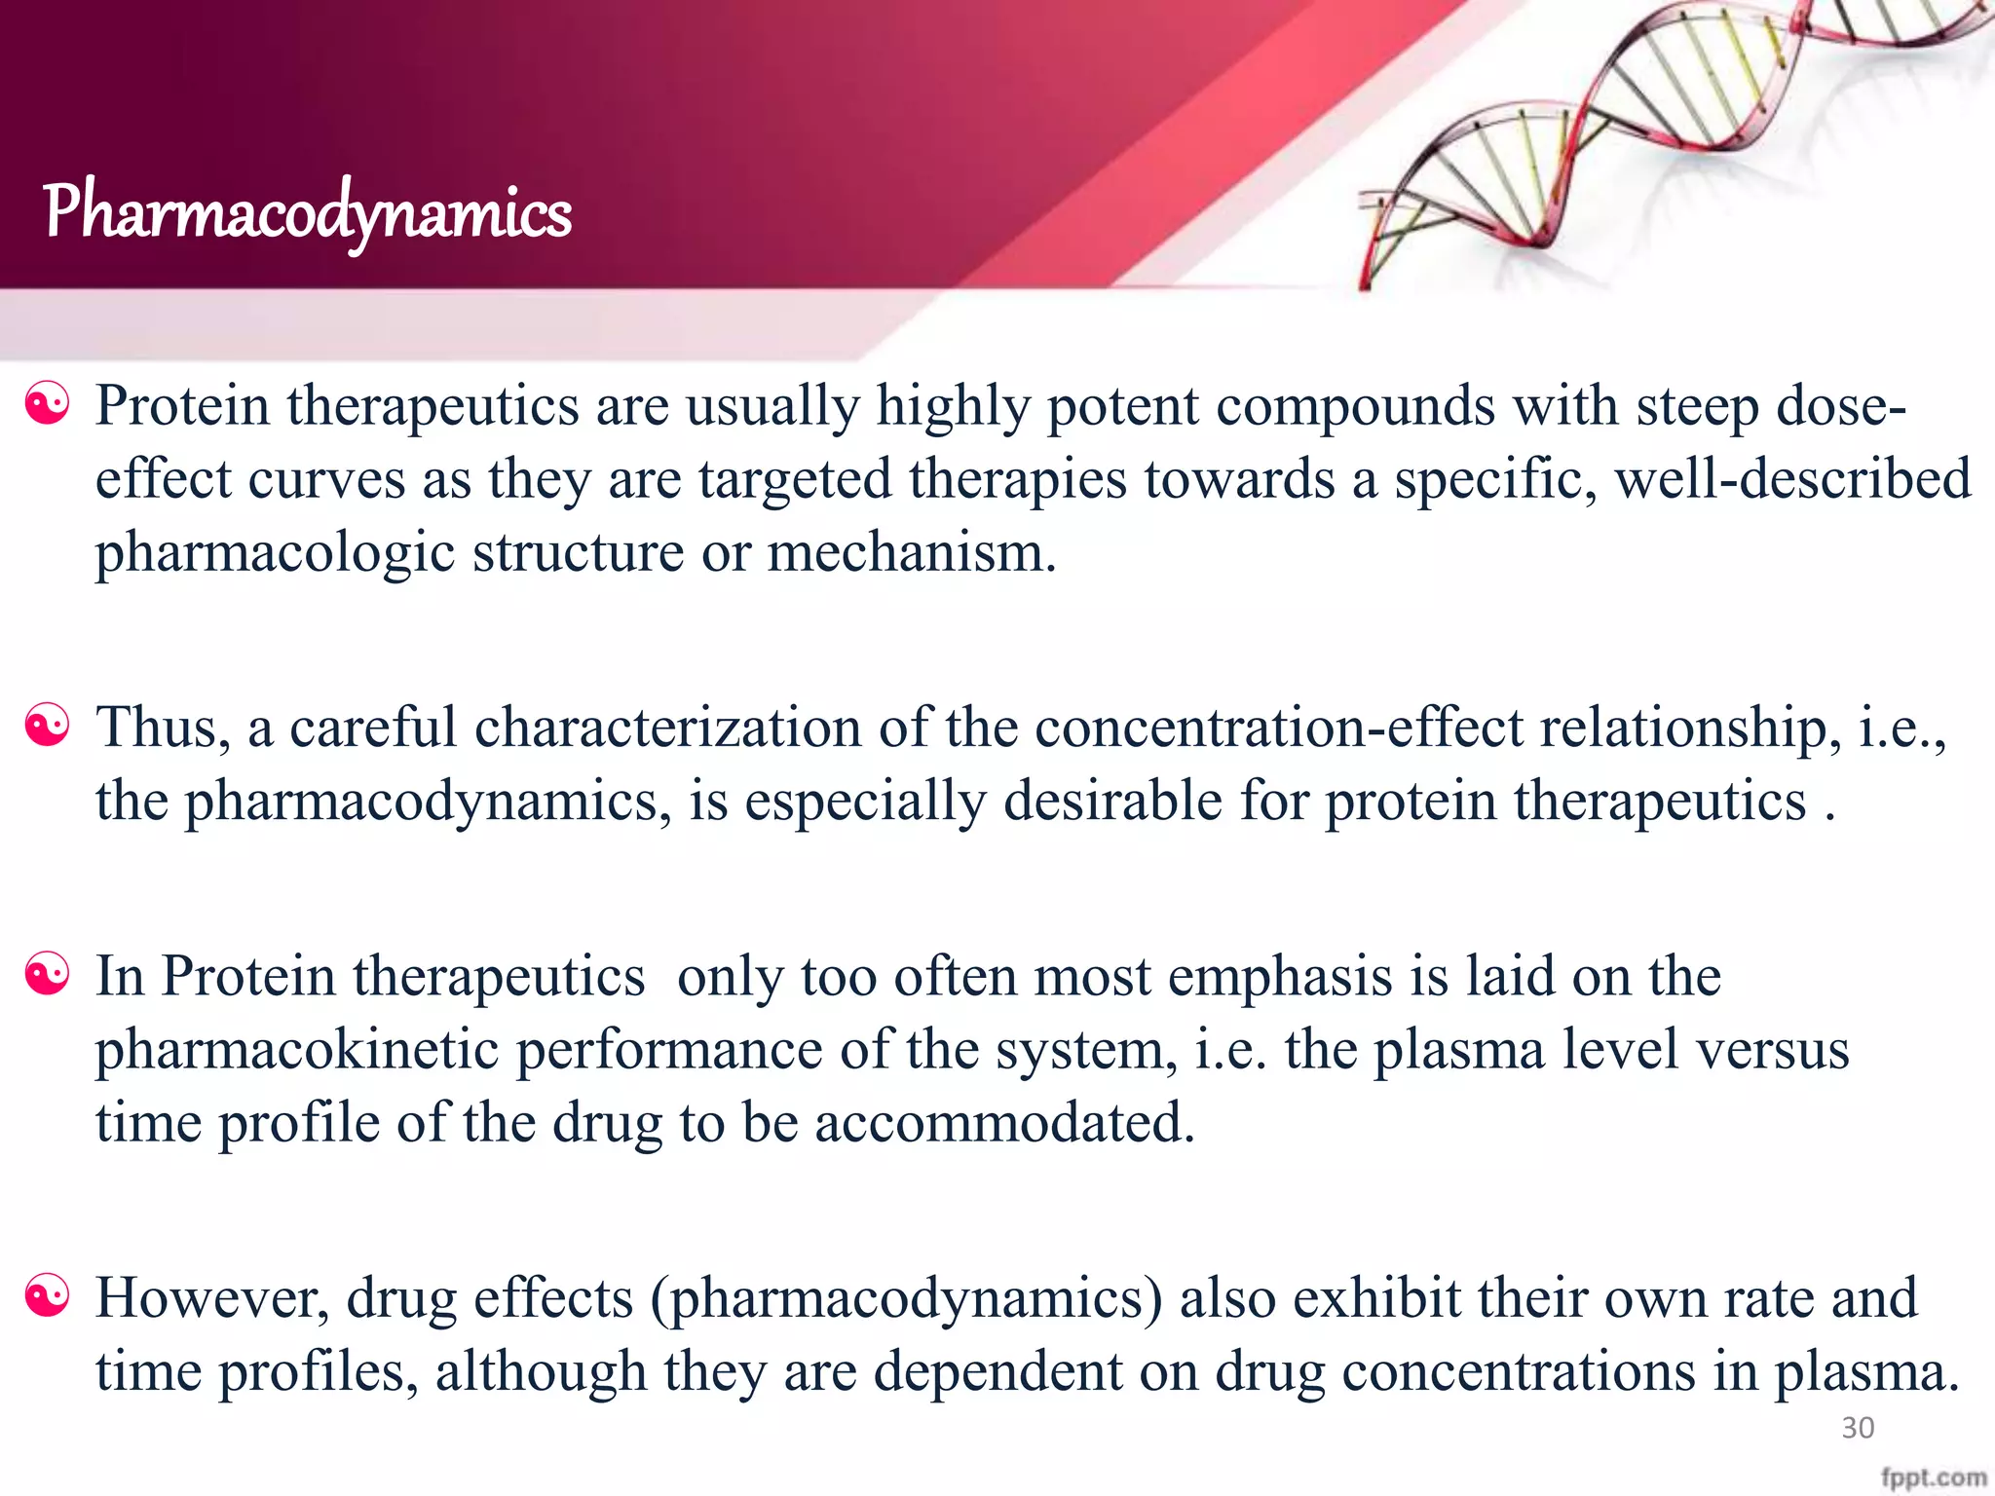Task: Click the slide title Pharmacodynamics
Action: click(x=307, y=211)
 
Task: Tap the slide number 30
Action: click(x=1858, y=1428)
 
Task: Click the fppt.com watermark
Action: click(x=1934, y=1477)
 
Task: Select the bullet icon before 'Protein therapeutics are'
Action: click(x=48, y=404)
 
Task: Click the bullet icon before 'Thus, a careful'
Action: click(x=48, y=727)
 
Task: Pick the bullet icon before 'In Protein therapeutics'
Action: click(x=48, y=975)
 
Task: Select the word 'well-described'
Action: click(x=1792, y=479)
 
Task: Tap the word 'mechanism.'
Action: click(x=912, y=552)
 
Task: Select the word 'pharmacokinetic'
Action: click(x=297, y=1050)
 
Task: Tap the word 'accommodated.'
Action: click(x=1004, y=1123)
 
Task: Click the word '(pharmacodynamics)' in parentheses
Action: click(x=906, y=1299)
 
